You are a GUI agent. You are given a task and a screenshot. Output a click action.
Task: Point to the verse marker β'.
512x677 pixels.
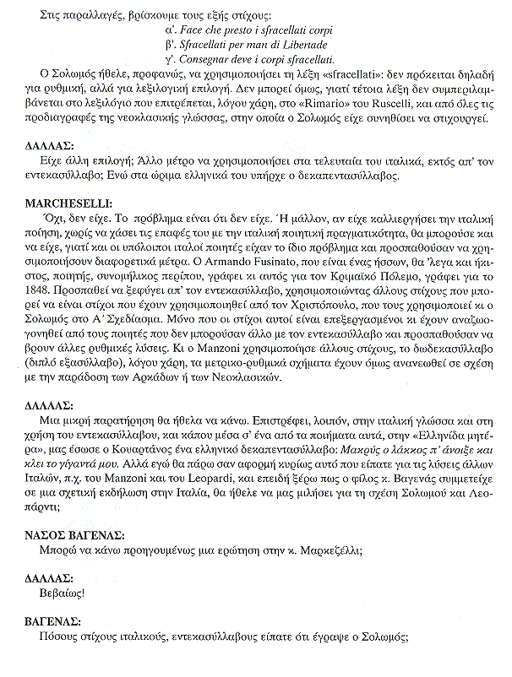coord(172,43)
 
